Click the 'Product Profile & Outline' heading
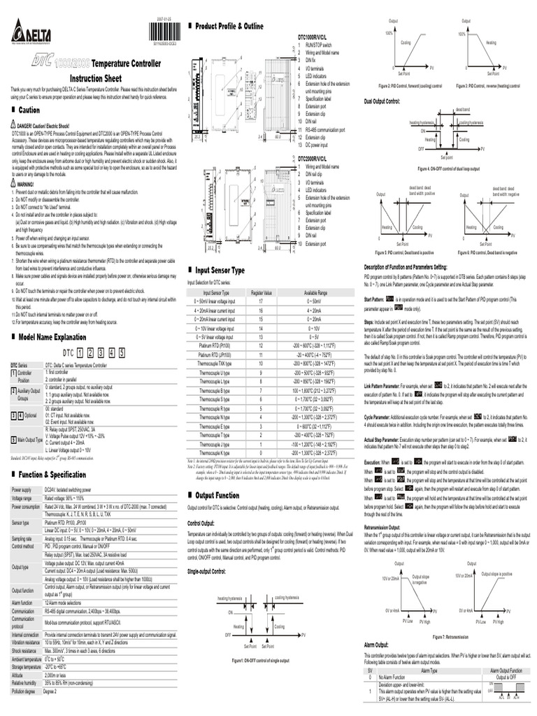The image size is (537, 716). click(x=229, y=26)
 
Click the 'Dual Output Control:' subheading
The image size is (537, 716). click(x=382, y=102)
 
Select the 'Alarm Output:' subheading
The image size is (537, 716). click(x=377, y=645)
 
